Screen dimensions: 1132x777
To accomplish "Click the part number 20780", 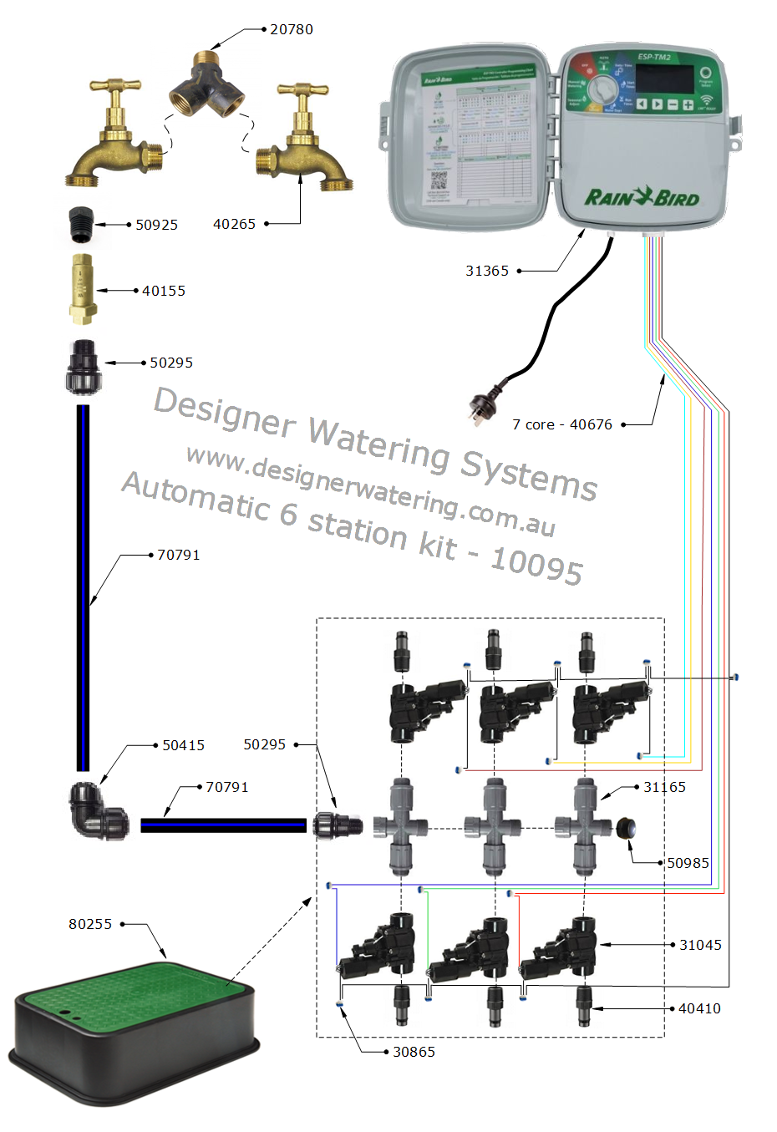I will click(291, 29).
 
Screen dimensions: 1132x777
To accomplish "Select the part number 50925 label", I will click(156, 225).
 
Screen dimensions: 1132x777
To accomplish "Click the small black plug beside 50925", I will click(81, 225).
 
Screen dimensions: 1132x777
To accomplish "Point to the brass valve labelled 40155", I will click(82, 289).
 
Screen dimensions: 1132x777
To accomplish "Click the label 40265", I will click(234, 224).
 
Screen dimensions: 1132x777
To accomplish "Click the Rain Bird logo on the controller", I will click(641, 198).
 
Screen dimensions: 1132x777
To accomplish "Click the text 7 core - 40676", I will click(561, 424).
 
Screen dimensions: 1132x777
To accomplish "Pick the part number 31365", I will click(486, 271).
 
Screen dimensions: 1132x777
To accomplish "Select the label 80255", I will click(89, 924).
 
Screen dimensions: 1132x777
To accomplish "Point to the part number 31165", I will click(664, 787).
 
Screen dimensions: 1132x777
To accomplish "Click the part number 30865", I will click(414, 1052).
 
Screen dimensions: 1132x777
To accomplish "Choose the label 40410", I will click(699, 1008).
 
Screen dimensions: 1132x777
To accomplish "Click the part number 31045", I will click(700, 945).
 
